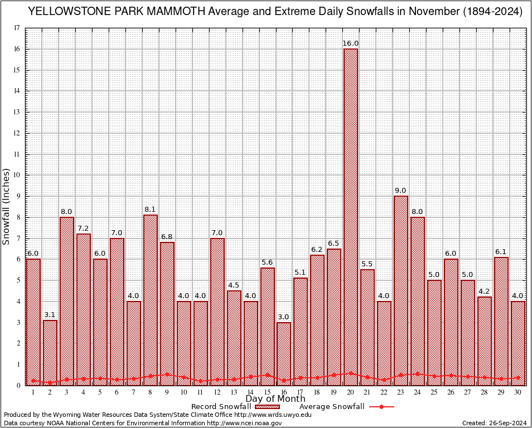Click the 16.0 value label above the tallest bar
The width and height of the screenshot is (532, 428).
(x=351, y=43)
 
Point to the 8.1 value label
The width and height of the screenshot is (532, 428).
(x=151, y=210)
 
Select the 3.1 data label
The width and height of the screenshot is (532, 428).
(x=50, y=315)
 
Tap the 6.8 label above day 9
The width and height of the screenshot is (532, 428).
(x=167, y=237)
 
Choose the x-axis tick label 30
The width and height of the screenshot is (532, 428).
(x=518, y=393)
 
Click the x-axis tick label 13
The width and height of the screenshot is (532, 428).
(x=234, y=393)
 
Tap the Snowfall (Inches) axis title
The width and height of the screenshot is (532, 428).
(x=7, y=206)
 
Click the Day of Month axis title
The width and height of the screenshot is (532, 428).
(x=275, y=399)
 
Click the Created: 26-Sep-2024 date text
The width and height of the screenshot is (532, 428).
(x=494, y=424)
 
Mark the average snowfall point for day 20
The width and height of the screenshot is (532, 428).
(x=351, y=373)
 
